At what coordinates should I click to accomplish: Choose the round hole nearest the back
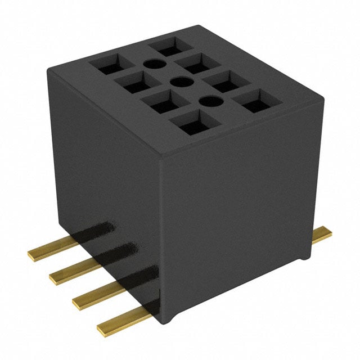tap(151, 65)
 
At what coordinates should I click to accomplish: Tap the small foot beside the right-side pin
tap(304, 256)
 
